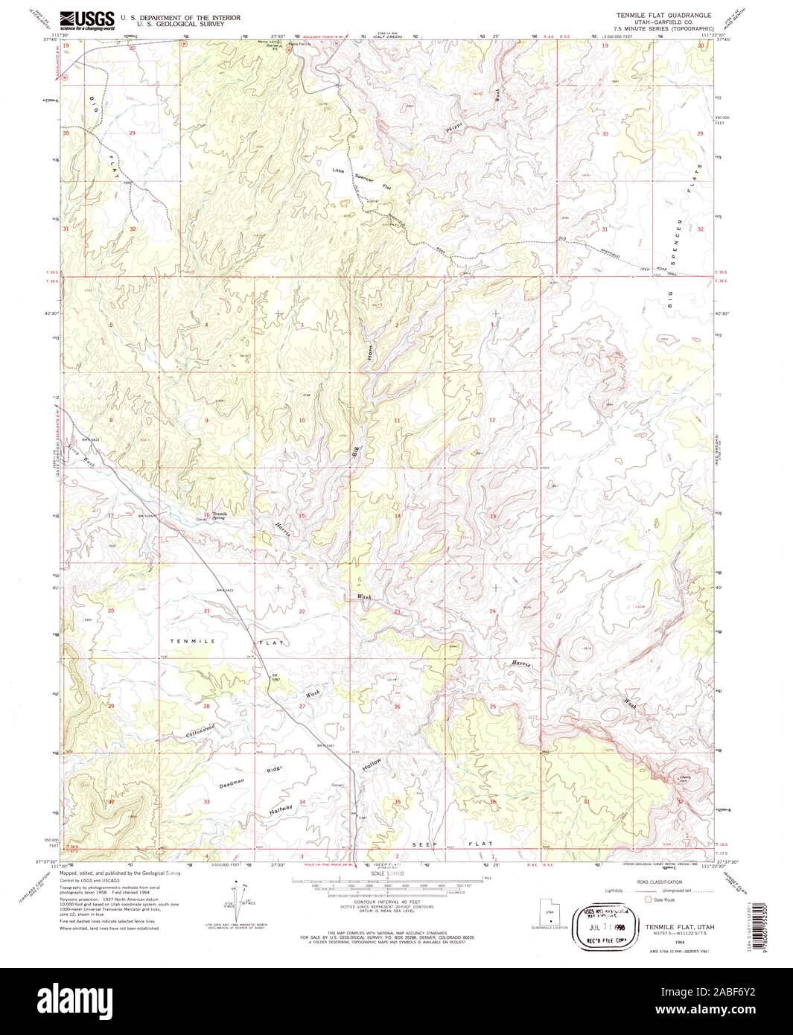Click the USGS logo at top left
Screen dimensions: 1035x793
[x=87, y=19]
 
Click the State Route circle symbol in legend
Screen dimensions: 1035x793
[x=647, y=899]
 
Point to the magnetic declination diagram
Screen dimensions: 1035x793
[x=241, y=902]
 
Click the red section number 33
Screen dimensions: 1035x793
[x=207, y=802]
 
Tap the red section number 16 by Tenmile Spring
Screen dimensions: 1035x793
[x=207, y=515]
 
